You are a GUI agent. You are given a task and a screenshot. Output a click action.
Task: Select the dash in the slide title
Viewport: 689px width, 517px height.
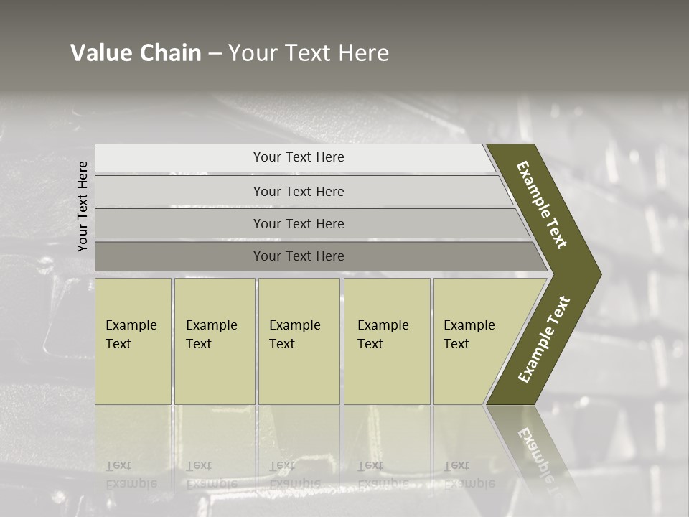(215, 54)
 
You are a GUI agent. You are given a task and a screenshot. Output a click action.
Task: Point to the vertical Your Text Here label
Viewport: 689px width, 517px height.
(83, 206)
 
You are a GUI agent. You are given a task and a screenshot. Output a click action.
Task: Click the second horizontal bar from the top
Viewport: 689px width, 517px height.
(299, 191)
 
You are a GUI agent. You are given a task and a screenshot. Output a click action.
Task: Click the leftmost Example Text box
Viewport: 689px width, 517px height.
(133, 341)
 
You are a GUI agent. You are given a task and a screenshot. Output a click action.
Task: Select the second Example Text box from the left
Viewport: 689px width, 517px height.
(214, 341)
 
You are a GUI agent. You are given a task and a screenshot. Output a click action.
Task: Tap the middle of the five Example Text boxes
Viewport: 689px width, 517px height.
(299, 341)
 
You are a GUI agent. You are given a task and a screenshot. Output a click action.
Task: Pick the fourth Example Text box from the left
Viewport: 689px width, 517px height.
(386, 341)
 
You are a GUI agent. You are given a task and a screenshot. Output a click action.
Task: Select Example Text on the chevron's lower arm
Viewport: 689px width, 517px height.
(544, 340)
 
